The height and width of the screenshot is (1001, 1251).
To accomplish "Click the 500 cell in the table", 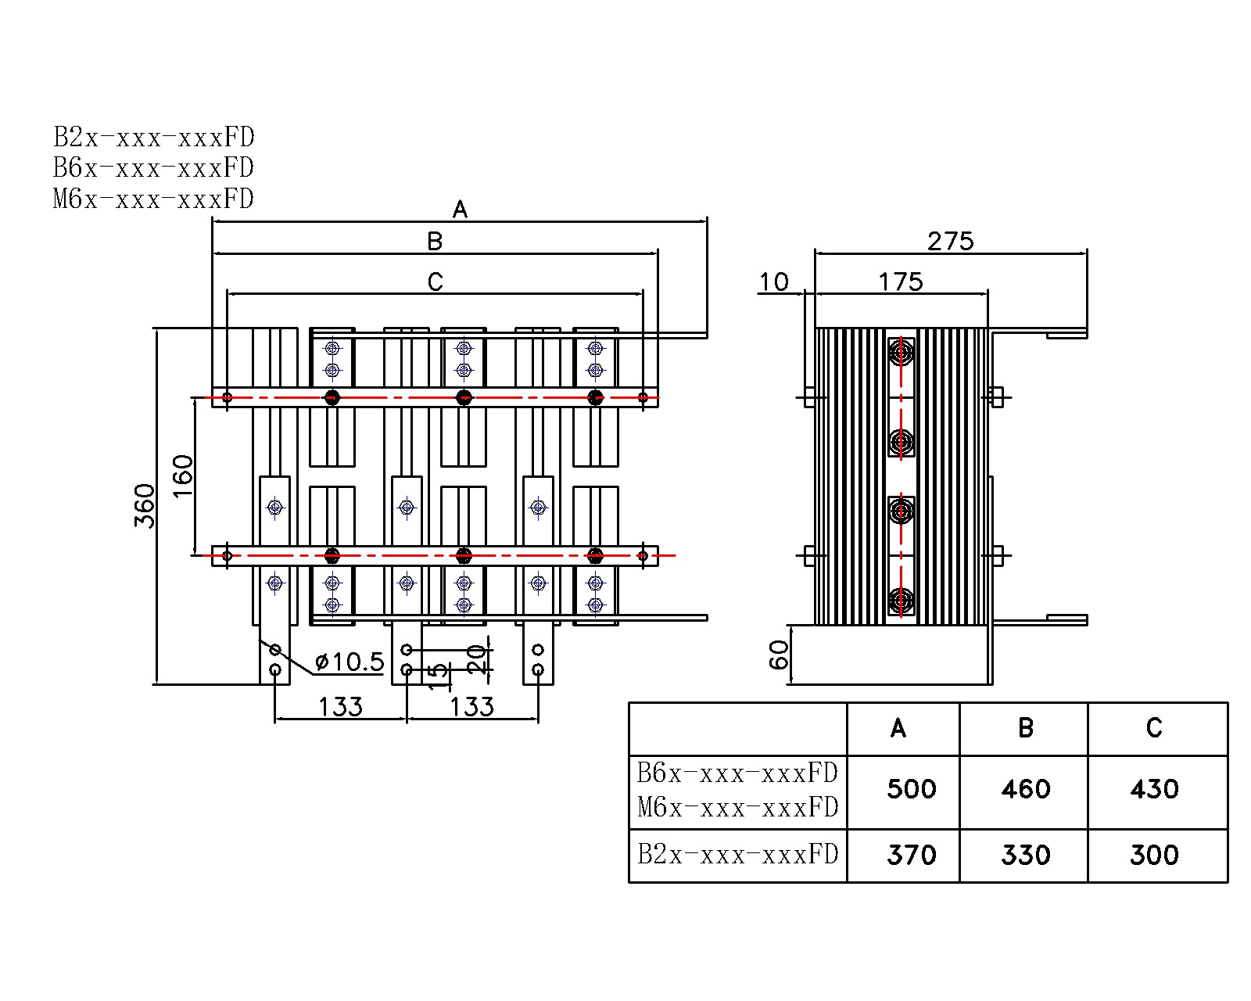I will pos(911,788).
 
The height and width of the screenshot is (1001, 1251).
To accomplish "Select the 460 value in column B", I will pos(1025,788).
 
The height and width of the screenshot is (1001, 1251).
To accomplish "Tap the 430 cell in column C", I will pos(1154,788).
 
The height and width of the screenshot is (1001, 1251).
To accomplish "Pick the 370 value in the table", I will pos(911,855).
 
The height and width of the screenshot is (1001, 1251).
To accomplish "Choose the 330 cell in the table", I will pos(1025,855).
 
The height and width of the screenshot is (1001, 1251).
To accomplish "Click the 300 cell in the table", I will pos(1154,855).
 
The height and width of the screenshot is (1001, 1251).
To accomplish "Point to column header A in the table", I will pos(898,728).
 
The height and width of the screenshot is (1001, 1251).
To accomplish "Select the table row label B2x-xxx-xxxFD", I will pos(737,854).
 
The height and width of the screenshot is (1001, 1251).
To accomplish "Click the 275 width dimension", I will pos(950,241).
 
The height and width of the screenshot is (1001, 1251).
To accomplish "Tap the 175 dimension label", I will pos(900,282).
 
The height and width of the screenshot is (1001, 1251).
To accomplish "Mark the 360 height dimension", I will pos(145,506).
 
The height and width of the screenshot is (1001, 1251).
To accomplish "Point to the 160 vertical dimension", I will pos(182,475).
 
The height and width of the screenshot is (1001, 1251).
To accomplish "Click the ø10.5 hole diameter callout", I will pos(349,662).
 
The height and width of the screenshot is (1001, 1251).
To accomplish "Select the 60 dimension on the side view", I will pos(779,655).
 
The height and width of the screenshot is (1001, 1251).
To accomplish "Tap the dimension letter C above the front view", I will pos(436,282).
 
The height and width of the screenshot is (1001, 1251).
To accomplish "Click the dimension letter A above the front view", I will pos(460,210).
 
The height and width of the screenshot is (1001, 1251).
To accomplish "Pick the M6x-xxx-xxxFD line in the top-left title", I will pos(153,199).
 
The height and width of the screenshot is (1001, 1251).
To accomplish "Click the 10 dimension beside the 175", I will pos(774,282).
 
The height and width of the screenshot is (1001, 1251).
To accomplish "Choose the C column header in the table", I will pos(1154,728).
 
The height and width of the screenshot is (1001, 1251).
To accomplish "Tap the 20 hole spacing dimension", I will pos(477,659).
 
